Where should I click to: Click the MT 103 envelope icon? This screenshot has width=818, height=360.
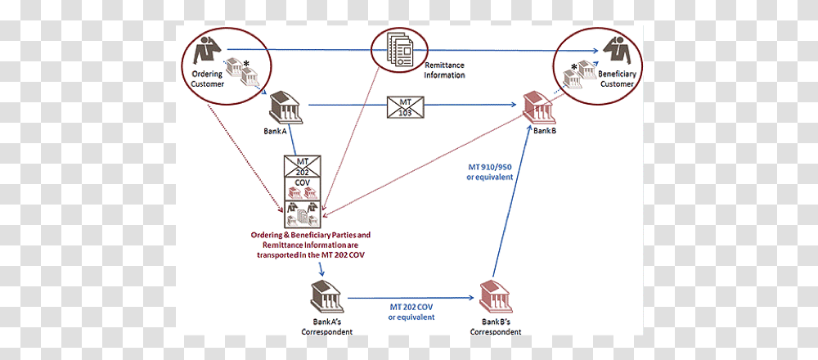click(405, 106)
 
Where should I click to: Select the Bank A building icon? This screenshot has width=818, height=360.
click(285, 108)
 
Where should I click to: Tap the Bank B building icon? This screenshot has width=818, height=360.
click(539, 109)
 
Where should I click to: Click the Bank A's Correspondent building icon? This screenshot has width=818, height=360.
click(327, 296)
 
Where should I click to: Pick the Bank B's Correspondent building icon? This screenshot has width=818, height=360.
click(497, 297)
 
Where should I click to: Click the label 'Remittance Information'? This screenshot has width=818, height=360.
click(444, 70)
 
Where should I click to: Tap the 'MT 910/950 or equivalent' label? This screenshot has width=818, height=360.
click(489, 172)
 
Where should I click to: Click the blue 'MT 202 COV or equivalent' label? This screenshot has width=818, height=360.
click(411, 312)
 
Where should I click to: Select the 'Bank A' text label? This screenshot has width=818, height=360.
click(275, 132)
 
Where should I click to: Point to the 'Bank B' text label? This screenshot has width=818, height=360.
click(545, 130)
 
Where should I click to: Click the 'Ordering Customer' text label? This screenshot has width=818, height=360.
click(207, 79)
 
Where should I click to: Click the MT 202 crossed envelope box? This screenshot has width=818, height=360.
click(302, 166)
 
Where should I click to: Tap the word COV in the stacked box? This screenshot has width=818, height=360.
click(302, 182)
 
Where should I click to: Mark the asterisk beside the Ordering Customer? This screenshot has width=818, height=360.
click(246, 63)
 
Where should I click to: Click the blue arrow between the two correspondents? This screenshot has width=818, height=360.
click(411, 298)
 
